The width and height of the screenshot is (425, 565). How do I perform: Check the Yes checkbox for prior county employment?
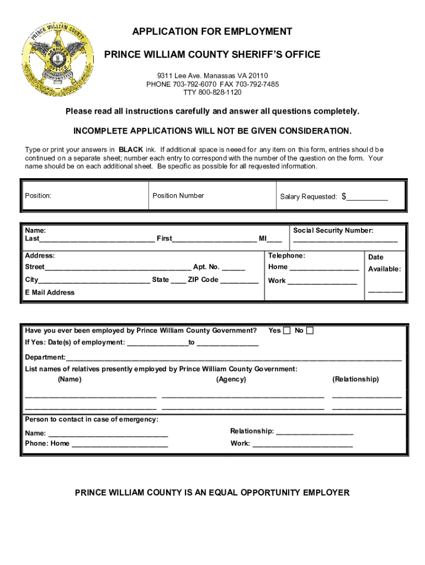pos(286,331)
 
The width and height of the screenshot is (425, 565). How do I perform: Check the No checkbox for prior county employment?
pos(310,331)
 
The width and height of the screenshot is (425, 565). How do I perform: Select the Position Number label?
pos(178,196)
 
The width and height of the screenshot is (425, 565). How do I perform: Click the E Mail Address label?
pos(50,292)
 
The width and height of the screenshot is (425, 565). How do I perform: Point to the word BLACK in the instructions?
pos(131,150)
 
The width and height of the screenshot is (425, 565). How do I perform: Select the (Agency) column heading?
pos(231,379)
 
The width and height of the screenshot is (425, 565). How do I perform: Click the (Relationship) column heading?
pos(355,379)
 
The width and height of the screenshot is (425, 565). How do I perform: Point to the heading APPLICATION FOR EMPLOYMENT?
pos(212,32)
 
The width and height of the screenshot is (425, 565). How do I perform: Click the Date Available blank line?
pos(385,291)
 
